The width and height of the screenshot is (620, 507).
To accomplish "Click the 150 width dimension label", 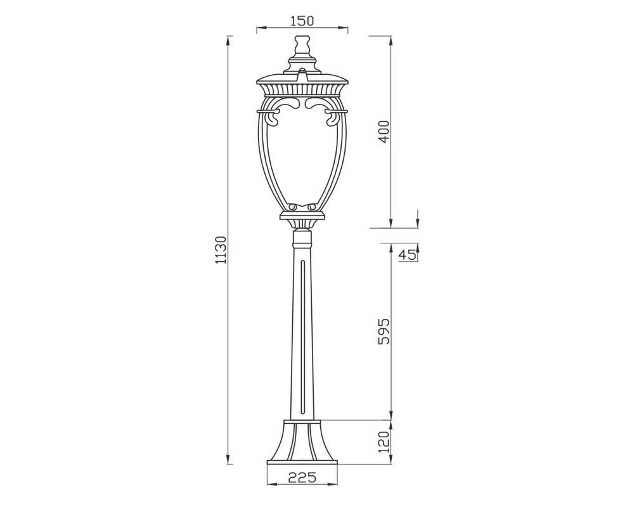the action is [302, 20].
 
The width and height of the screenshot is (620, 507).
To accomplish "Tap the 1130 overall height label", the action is [220, 250].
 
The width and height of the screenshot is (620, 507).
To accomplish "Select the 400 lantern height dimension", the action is [384, 132].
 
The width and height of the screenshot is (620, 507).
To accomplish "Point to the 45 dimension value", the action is [408, 255].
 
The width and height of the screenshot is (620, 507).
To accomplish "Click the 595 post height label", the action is [384, 331].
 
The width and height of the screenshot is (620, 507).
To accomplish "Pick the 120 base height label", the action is [384, 442].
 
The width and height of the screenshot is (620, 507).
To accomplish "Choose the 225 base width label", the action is [302, 477].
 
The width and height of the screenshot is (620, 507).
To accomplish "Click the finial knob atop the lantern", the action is [302, 44].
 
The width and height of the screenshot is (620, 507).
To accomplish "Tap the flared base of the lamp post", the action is [302, 442].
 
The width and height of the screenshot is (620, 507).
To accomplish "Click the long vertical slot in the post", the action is [302, 338].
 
